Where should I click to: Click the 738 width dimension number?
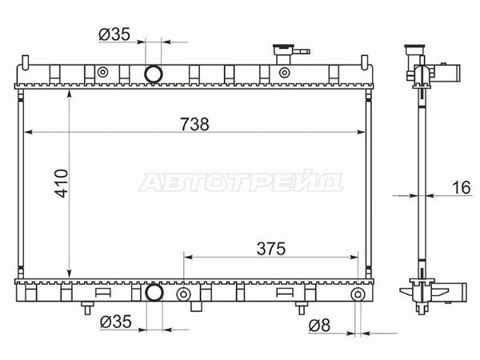click(x=194, y=124)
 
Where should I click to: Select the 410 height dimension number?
click(x=62, y=183)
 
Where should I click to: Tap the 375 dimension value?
click(x=271, y=249)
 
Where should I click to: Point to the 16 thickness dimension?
click(x=461, y=187)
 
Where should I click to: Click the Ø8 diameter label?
click(x=319, y=325)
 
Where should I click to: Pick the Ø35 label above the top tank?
click(x=114, y=34)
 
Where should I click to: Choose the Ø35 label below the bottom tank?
click(x=116, y=322)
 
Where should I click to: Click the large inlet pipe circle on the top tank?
click(x=154, y=74)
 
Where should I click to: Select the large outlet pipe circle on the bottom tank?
click(x=154, y=293)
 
